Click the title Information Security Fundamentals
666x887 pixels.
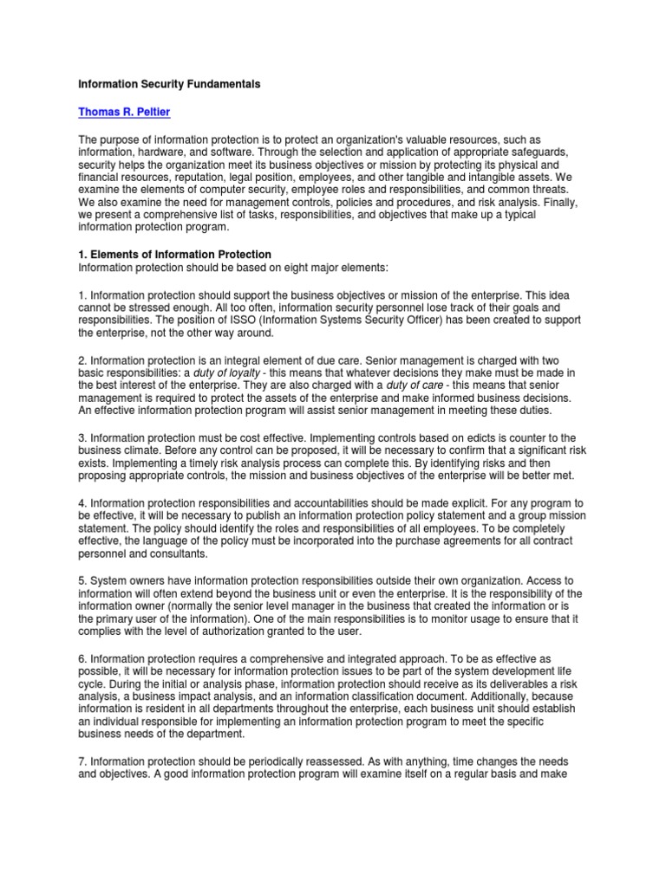pyautogui.click(x=169, y=85)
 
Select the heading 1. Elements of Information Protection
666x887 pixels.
pyautogui.click(x=175, y=254)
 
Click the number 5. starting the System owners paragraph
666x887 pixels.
pyautogui.click(x=82, y=579)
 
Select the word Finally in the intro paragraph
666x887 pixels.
pyautogui.click(x=554, y=200)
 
